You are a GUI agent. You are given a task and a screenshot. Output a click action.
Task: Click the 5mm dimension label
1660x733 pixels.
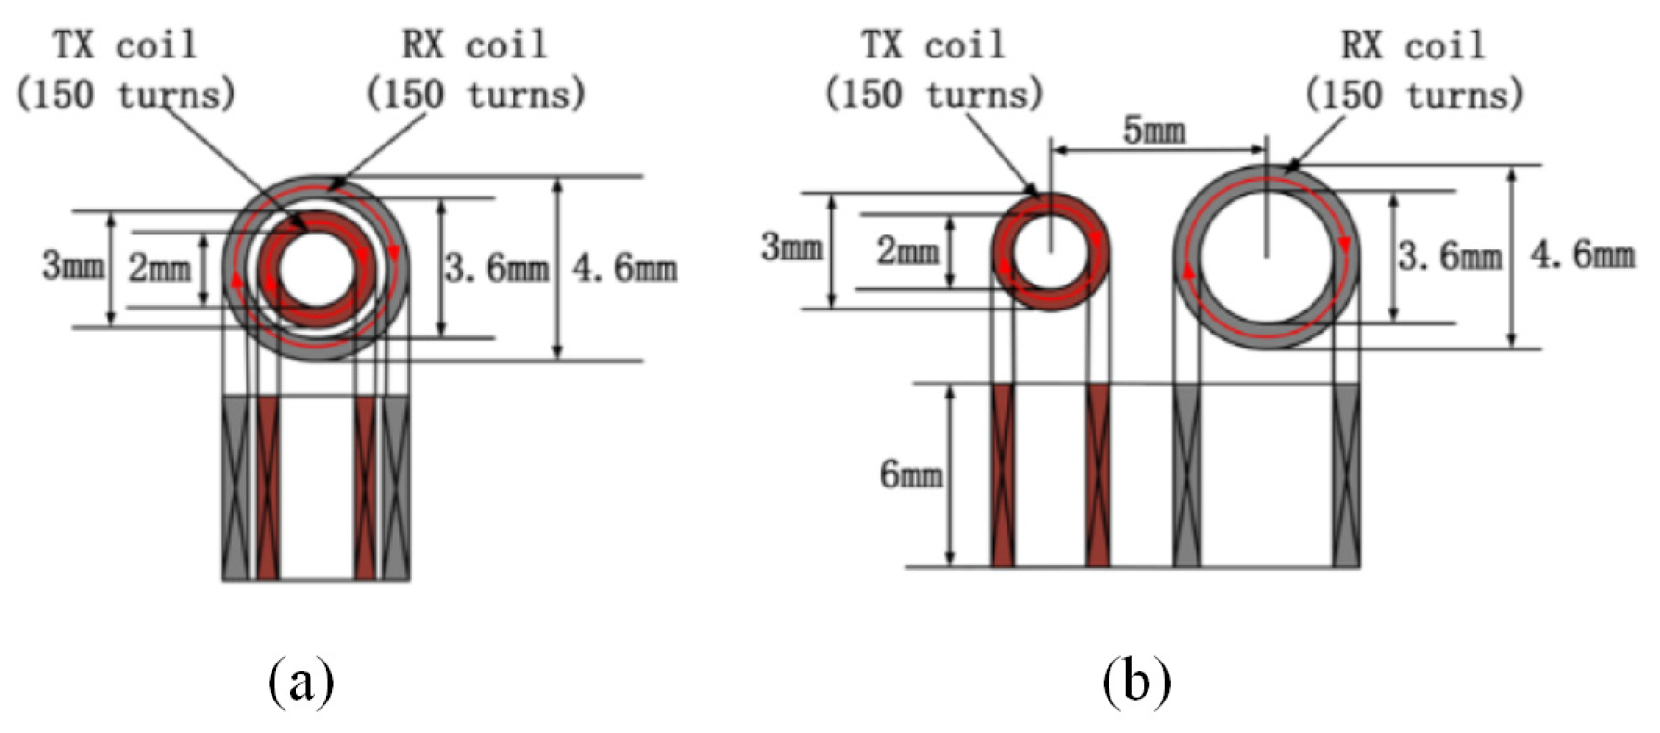click(1153, 131)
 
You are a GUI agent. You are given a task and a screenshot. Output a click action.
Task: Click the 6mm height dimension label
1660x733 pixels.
click(910, 474)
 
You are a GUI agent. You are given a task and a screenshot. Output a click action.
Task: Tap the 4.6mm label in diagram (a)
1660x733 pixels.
click(624, 268)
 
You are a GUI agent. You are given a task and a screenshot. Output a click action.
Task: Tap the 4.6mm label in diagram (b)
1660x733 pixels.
click(1582, 253)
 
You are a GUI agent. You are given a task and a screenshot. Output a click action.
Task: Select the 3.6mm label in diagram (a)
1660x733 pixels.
click(496, 269)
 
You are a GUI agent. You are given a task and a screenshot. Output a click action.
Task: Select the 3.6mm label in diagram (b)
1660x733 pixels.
click(1450, 255)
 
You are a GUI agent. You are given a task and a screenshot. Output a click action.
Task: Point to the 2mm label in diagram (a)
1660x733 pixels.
click(159, 269)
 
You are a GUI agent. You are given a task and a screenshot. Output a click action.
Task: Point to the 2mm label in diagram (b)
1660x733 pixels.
click(907, 250)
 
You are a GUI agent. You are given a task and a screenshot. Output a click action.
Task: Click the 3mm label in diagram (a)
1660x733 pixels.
click(72, 266)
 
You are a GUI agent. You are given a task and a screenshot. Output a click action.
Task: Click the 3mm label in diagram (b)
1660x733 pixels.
click(791, 247)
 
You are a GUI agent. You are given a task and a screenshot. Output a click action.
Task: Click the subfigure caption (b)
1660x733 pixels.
click(1136, 683)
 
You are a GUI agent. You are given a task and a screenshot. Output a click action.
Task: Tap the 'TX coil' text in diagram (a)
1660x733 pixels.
click(124, 44)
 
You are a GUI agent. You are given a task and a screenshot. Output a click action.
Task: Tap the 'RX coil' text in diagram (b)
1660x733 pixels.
click(1413, 44)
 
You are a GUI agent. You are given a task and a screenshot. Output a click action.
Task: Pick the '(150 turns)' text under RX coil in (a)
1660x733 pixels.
click(475, 95)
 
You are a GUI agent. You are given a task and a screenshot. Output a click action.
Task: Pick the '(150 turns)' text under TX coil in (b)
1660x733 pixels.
click(933, 95)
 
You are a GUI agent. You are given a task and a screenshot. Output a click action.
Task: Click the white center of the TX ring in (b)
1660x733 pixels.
click(1050, 253)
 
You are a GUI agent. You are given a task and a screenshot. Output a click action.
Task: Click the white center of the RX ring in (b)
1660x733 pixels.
click(1267, 257)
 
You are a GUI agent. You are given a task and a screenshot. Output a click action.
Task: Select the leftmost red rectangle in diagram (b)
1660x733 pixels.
click(1002, 474)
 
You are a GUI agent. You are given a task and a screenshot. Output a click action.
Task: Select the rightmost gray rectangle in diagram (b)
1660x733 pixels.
click(1346, 474)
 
